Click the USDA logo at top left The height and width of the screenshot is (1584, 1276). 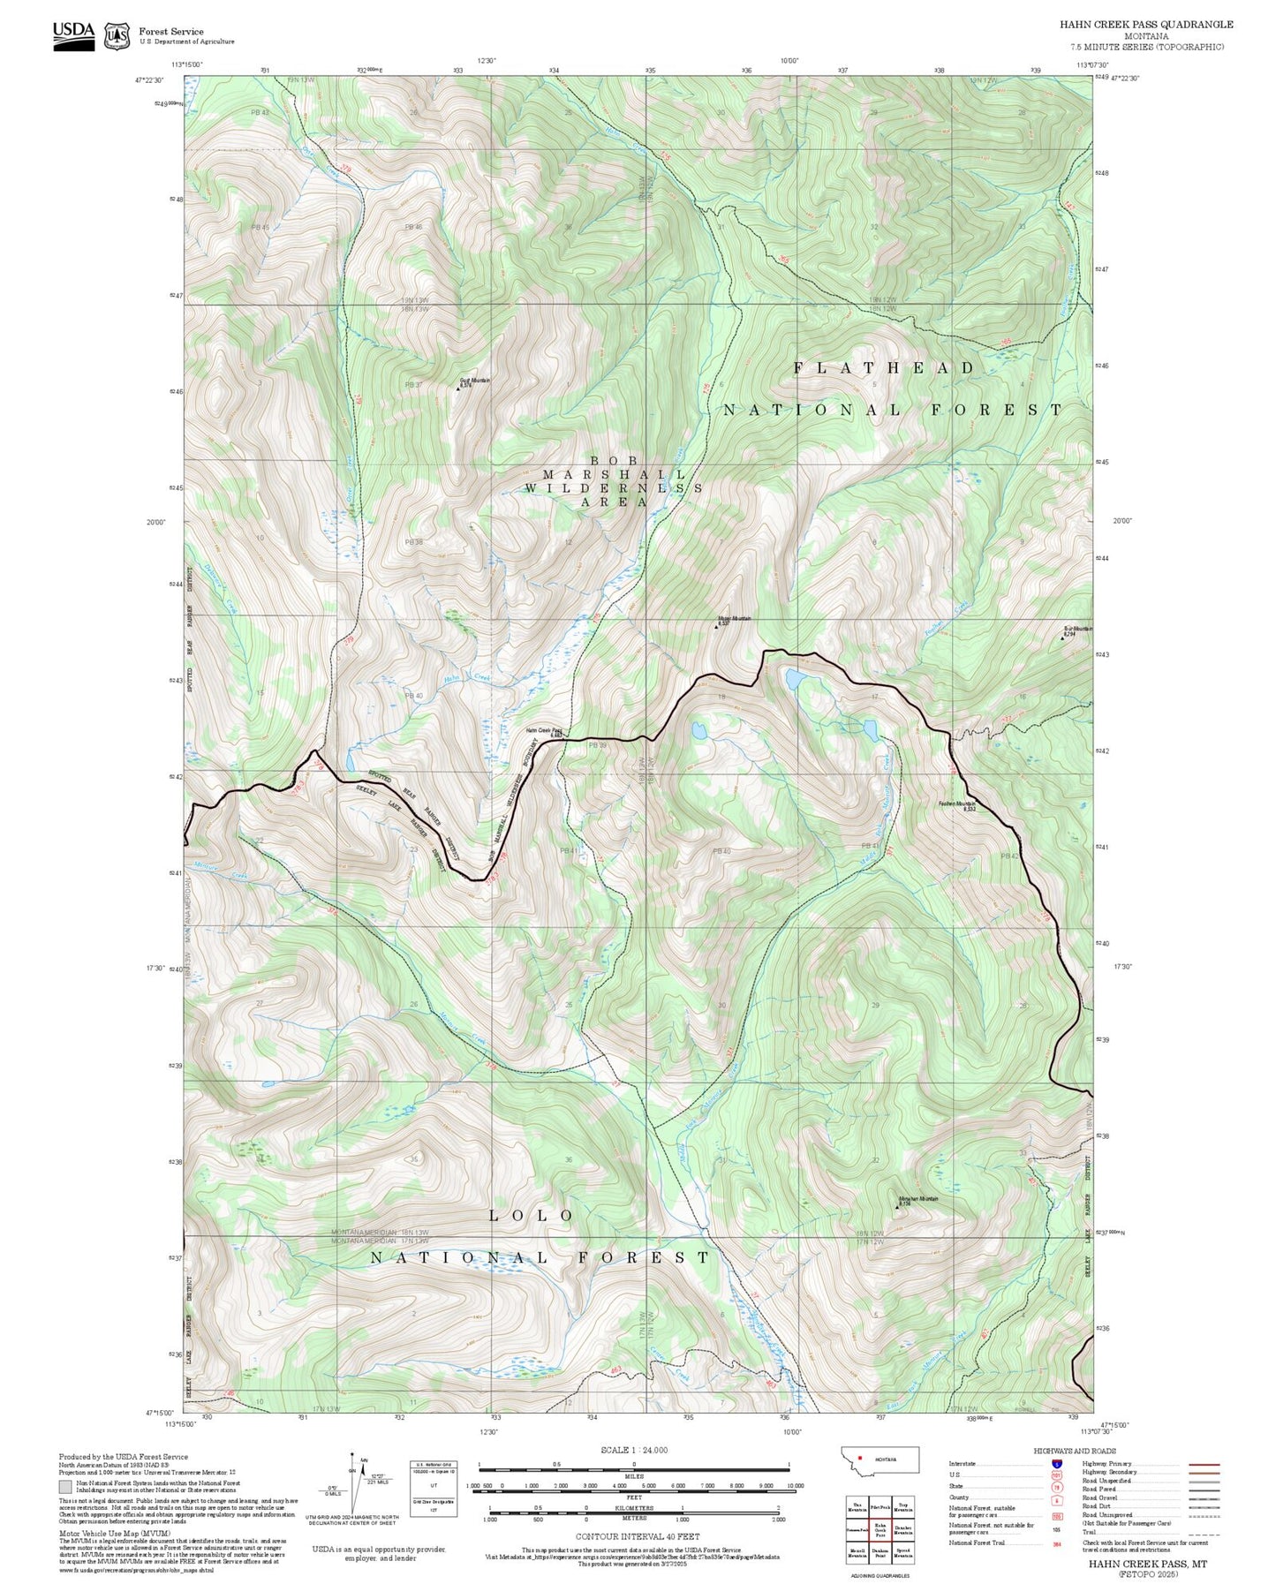(x=73, y=34)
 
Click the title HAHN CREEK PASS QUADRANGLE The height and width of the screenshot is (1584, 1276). (x=1146, y=25)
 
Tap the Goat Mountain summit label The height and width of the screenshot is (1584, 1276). (x=474, y=382)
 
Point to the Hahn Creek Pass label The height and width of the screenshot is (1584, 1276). (x=545, y=732)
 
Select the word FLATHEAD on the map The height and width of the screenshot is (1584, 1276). (x=883, y=368)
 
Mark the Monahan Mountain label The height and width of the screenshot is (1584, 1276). (x=918, y=1199)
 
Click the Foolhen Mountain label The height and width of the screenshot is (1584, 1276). (x=956, y=804)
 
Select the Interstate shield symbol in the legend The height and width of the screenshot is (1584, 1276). (x=1056, y=1463)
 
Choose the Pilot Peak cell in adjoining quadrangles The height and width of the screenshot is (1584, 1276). (x=880, y=1507)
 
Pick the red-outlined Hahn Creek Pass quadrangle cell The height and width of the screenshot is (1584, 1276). (x=880, y=1529)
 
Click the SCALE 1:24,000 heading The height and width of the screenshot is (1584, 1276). (x=633, y=1450)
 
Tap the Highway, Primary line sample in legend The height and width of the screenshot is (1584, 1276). (x=1204, y=1463)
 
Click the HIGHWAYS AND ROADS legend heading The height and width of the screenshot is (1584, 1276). (x=1074, y=1451)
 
